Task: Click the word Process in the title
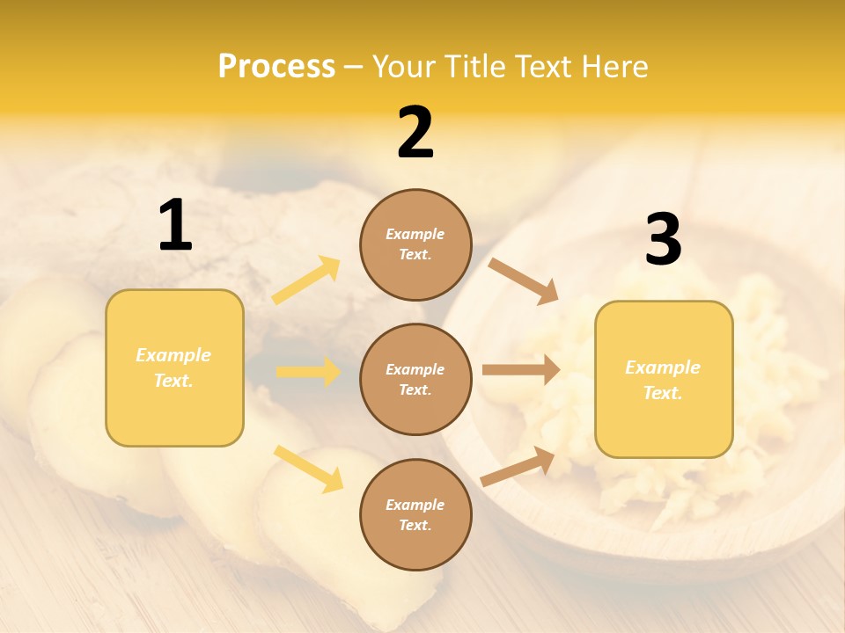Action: pyautogui.click(x=276, y=66)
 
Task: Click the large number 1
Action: pyautogui.click(x=175, y=226)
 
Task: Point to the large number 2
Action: pyautogui.click(x=415, y=133)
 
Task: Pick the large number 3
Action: pyautogui.click(x=663, y=239)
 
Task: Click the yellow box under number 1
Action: pyautogui.click(x=174, y=367)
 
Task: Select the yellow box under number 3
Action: pyautogui.click(x=664, y=380)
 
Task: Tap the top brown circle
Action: pyautogui.click(x=415, y=244)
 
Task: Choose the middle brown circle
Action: pyautogui.click(x=415, y=379)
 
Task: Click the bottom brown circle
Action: pyautogui.click(x=415, y=514)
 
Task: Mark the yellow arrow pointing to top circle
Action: pyautogui.click(x=306, y=280)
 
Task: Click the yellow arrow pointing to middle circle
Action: pyautogui.click(x=308, y=372)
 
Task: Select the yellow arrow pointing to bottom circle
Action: pyautogui.click(x=308, y=469)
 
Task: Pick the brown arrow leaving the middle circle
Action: pyautogui.click(x=520, y=370)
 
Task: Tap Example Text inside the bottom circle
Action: pyautogui.click(x=415, y=514)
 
